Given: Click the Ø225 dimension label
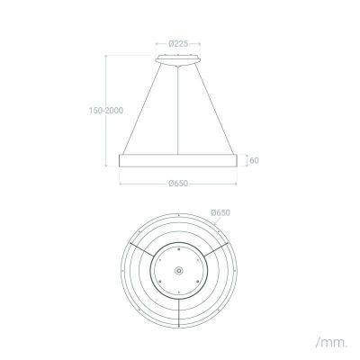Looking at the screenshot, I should pos(180,41).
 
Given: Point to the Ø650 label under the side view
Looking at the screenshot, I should pos(180,184).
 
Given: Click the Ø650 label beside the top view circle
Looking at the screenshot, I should pos(221,212).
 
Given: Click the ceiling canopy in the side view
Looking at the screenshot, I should pos(180,59).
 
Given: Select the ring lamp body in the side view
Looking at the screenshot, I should pos(180,159).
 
